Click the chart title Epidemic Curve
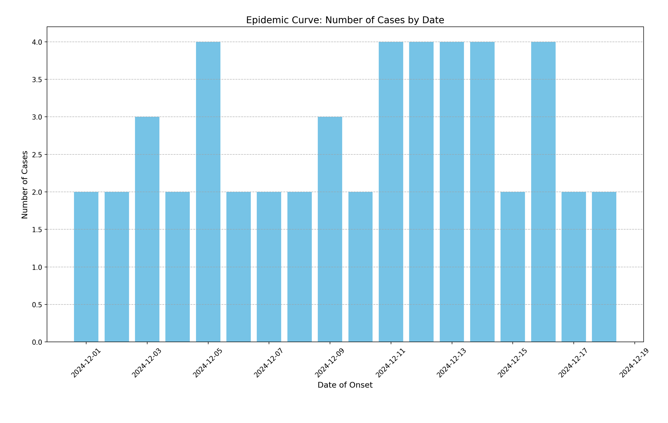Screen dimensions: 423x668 click(x=345, y=20)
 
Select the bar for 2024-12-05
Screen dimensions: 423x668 click(x=208, y=192)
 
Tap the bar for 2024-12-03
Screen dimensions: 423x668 click(x=147, y=229)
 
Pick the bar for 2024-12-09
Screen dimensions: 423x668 click(x=330, y=229)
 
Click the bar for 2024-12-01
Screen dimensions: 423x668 click(x=86, y=267)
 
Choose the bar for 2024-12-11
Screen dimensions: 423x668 click(x=391, y=192)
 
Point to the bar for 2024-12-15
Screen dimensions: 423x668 click(x=513, y=267)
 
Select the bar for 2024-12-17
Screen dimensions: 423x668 click(x=574, y=267)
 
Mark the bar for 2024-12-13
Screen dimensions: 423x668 click(x=452, y=192)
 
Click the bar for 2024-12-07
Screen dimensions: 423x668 click(x=269, y=267)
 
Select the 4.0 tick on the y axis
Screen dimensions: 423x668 click(x=37, y=42)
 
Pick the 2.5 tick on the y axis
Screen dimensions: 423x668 click(x=37, y=155)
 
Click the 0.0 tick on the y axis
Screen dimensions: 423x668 click(x=37, y=342)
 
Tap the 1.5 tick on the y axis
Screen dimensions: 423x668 click(x=37, y=229)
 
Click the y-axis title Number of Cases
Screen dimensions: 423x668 click(x=25, y=185)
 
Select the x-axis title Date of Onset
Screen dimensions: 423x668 click(x=345, y=385)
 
